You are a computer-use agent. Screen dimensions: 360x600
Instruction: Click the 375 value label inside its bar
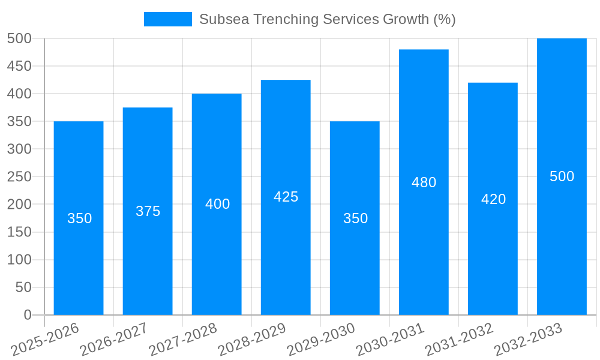(x=148, y=211)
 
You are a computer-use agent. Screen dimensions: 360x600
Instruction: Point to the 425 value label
(x=286, y=197)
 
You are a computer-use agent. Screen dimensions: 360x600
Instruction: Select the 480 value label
(x=424, y=182)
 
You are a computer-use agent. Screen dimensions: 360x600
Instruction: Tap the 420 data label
(x=493, y=199)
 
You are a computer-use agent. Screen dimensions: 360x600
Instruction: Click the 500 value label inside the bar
(x=562, y=176)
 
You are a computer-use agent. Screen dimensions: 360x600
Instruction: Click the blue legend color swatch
(x=167, y=19)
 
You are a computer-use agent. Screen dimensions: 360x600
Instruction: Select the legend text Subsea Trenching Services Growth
(x=328, y=19)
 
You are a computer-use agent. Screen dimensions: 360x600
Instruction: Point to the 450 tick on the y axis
(x=19, y=66)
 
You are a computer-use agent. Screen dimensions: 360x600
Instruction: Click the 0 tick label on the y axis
(x=27, y=315)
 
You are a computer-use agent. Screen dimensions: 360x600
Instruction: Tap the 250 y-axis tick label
(x=19, y=176)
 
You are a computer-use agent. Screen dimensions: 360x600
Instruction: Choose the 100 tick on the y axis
(x=19, y=260)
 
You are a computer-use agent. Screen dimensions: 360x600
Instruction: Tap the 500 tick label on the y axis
(x=19, y=38)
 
